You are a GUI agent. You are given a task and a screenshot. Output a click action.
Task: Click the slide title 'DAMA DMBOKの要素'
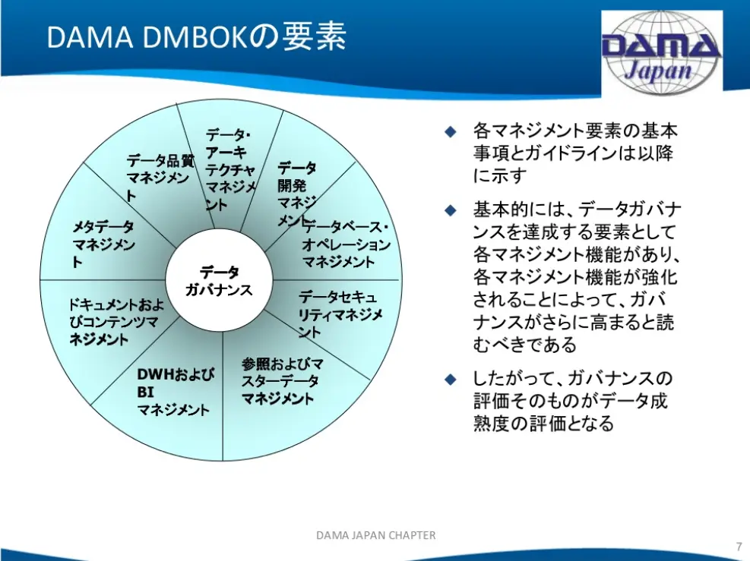click(197, 36)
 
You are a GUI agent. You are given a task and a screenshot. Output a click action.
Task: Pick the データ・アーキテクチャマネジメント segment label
click(230, 169)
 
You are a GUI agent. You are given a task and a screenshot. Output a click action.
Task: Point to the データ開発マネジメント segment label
click(296, 194)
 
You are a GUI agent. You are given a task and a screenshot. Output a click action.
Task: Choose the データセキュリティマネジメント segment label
click(340, 314)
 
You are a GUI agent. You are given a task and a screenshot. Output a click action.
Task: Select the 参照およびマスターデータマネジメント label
click(282, 381)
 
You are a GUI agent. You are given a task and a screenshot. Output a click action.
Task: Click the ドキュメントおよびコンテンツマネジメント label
click(116, 322)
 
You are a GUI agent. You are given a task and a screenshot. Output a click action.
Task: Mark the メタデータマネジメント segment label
click(104, 244)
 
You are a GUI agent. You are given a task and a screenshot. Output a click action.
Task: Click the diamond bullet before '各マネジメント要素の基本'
click(451, 131)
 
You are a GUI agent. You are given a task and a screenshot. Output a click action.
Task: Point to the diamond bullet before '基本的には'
click(451, 210)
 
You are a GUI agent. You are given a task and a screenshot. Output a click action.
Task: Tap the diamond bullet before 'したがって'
click(451, 380)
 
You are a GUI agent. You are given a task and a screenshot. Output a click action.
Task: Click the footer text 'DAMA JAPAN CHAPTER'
click(376, 535)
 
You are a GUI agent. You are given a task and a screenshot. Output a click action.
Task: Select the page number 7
click(739, 546)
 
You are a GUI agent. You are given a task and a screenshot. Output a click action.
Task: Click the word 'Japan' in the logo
click(658, 71)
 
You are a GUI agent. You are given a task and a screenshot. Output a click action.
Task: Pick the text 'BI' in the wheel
click(145, 392)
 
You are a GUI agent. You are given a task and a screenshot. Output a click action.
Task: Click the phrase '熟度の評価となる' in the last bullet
click(543, 424)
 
